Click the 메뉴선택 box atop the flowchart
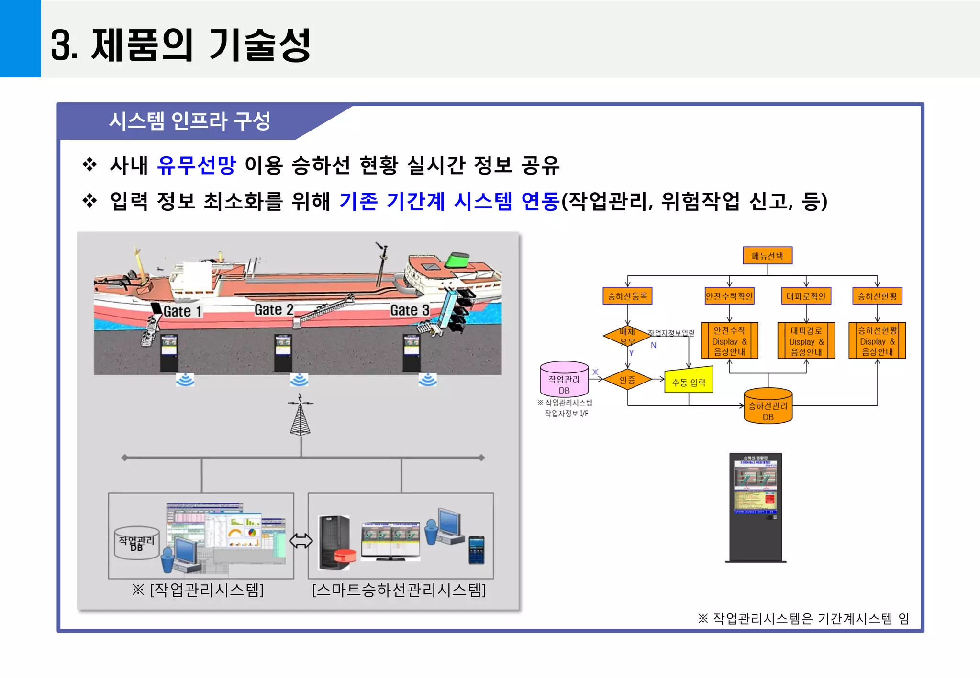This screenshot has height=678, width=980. [767, 256]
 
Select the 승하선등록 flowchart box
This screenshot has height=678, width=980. [627, 296]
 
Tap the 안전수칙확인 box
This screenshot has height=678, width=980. [729, 296]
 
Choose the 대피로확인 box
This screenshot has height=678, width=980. [806, 296]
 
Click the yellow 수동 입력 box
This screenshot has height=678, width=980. [689, 381]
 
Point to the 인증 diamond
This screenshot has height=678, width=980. [627, 380]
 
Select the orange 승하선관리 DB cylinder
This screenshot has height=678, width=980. [768, 406]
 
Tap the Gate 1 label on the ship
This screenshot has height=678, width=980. [182, 311]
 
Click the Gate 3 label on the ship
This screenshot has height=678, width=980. [409, 310]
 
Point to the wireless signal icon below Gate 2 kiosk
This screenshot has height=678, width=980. [299, 380]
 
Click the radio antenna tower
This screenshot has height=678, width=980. [300, 416]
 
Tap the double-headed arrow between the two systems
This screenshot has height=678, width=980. [301, 541]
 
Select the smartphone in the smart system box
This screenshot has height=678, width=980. [476, 550]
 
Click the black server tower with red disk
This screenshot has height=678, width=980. [336, 543]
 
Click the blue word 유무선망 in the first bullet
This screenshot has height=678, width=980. [197, 165]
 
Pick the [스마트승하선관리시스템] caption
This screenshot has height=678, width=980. [399, 590]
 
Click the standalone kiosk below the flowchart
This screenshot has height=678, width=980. [756, 507]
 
